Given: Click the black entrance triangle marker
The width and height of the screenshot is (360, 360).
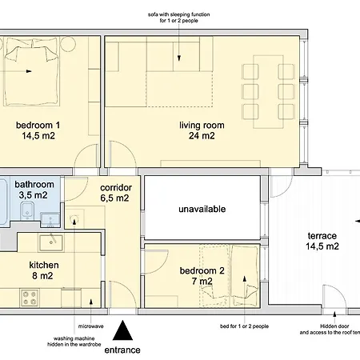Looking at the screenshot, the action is pyautogui.click(x=122, y=330).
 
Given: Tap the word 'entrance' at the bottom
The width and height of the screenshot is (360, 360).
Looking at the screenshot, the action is pyautogui.click(x=122, y=350).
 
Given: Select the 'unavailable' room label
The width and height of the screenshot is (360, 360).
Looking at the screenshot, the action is pyautogui.click(x=202, y=209).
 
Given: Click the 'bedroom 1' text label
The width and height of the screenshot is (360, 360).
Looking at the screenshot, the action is pyautogui.click(x=38, y=125).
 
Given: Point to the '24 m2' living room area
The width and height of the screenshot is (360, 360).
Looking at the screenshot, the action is pyautogui.click(x=202, y=136).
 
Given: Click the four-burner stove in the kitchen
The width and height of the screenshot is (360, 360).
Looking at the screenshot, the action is pyautogui.click(x=30, y=298).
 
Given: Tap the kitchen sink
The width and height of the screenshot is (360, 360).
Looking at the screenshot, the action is pyautogui.click(x=51, y=243).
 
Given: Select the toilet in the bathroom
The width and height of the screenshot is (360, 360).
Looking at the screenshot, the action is pyautogui.click(x=27, y=210).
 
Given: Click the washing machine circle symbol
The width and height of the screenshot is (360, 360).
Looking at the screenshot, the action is pyautogui.click(x=74, y=218).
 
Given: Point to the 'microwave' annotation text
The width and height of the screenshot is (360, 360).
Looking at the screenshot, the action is pyautogui.click(x=91, y=326).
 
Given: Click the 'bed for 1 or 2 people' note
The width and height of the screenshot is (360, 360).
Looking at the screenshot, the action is pyautogui.click(x=244, y=326).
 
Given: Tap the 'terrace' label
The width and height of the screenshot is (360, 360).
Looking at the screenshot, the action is pyautogui.click(x=322, y=236).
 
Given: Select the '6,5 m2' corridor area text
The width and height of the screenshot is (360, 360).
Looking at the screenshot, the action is pyautogui.click(x=114, y=198).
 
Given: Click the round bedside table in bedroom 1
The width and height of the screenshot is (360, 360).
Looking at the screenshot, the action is pyautogui.click(x=68, y=44).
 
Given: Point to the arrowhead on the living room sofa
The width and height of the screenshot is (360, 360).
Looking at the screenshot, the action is pyautogui.click(x=179, y=58).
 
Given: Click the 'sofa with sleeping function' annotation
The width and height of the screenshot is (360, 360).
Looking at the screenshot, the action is pyautogui.click(x=179, y=14).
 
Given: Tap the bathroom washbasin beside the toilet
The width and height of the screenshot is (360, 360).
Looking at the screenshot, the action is pyautogui.click(x=50, y=220).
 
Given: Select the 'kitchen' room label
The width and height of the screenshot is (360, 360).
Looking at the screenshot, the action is pyautogui.click(x=44, y=265).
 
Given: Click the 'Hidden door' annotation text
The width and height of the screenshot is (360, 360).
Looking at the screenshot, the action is pyautogui.click(x=334, y=326).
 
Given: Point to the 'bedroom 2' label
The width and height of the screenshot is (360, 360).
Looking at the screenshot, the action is pyautogui.click(x=202, y=270).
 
